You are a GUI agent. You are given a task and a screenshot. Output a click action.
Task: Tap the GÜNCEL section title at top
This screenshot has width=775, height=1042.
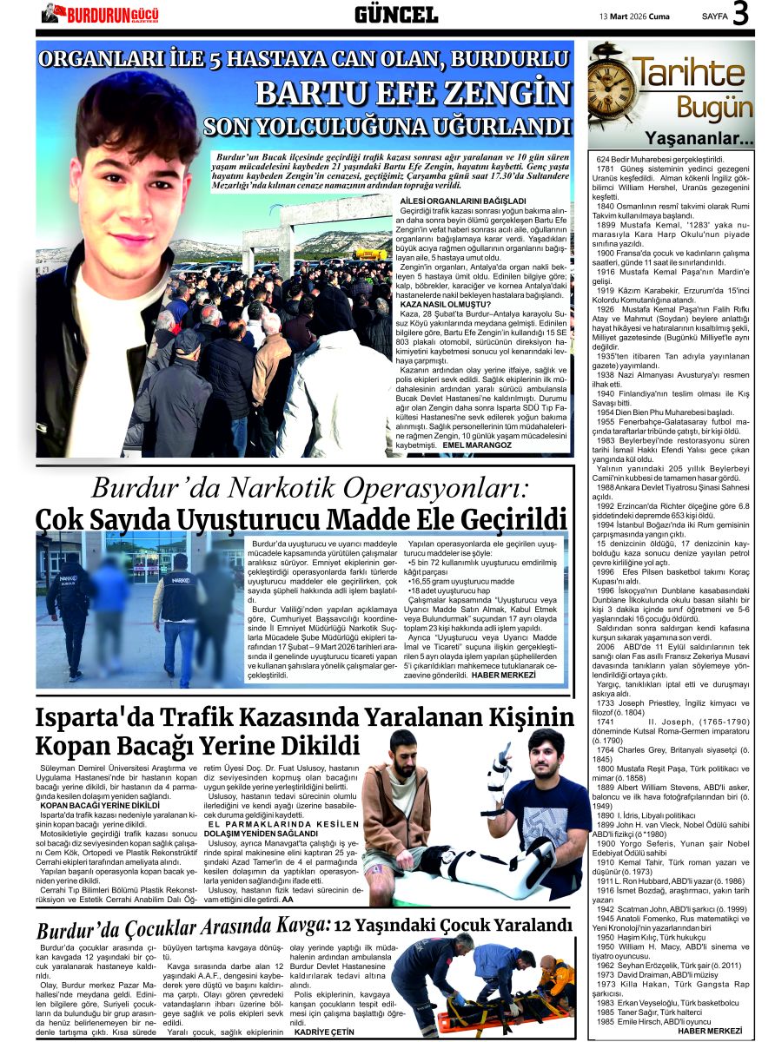click(x=395, y=15)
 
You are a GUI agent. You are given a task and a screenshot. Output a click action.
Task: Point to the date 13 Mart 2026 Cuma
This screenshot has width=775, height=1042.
click(x=635, y=16)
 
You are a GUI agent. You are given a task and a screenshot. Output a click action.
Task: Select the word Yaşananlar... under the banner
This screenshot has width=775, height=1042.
click(x=699, y=138)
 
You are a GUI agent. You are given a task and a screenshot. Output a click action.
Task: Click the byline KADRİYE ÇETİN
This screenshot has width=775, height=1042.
click(x=324, y=1032)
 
